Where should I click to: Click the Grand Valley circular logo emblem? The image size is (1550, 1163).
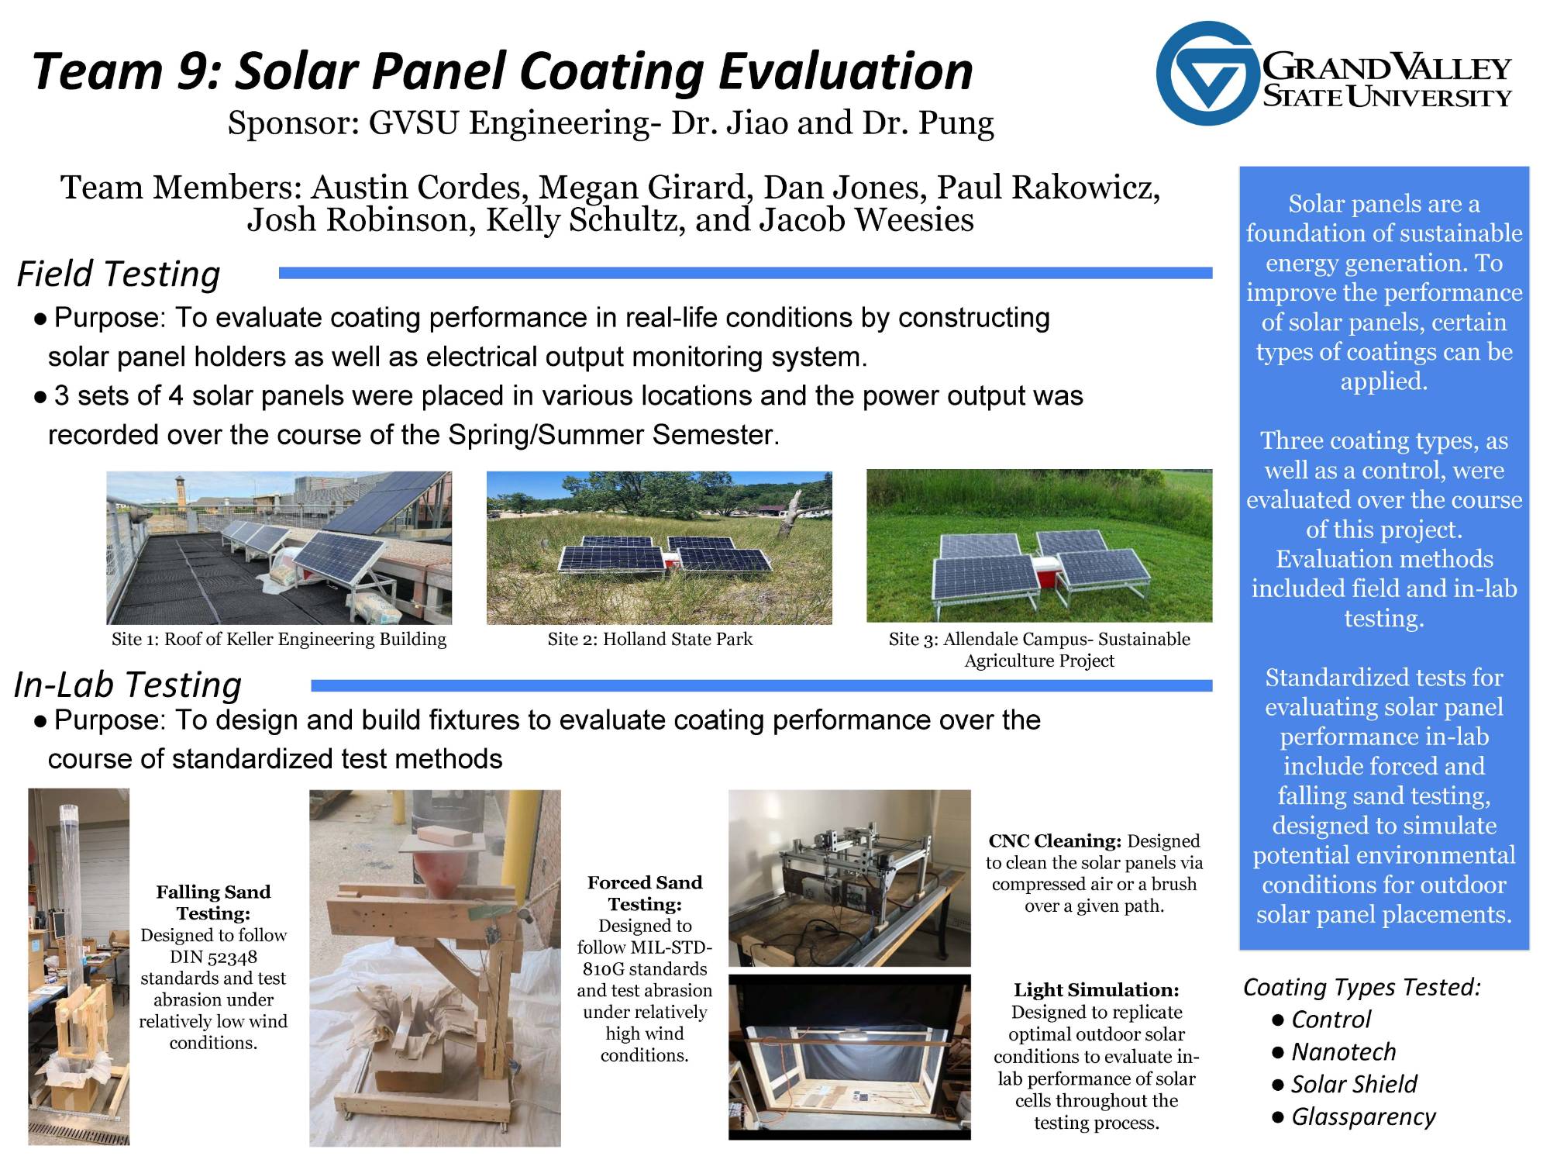coord(1205,74)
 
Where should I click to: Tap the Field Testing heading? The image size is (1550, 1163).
coord(119,274)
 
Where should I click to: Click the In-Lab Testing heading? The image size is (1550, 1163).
coord(128,685)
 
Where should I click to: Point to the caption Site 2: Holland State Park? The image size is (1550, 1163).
coord(649,640)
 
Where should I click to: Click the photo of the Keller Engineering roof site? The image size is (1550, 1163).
coord(279,547)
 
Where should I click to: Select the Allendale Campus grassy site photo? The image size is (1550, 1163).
coord(1038,546)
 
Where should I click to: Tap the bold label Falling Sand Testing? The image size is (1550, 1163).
coord(213,902)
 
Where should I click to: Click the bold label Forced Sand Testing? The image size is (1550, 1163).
coord(644,893)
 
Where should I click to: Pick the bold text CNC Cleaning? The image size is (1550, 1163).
coord(1054,841)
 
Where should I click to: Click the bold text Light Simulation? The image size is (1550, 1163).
coord(1096,990)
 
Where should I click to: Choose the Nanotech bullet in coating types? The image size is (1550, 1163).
coord(1343,1052)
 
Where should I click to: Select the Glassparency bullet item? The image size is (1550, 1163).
coord(1362,1116)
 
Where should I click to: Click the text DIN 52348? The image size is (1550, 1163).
coord(213,958)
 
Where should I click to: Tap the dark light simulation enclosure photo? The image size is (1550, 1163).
coord(849,1057)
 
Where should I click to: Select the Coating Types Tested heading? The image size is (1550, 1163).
coord(1362,987)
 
